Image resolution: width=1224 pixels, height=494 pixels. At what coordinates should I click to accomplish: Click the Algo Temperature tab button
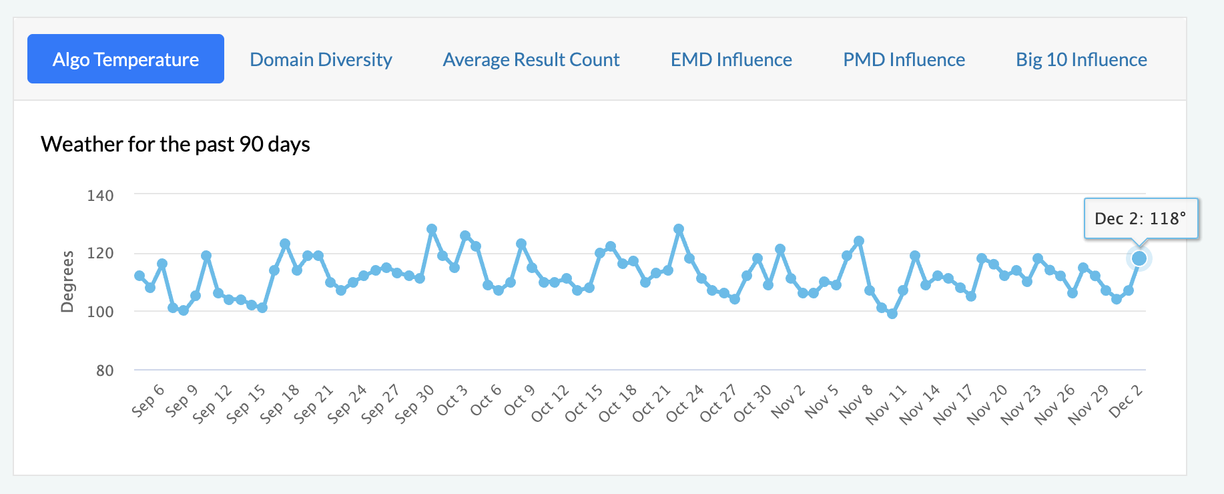click(125, 59)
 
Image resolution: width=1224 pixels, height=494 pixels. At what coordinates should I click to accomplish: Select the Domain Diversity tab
click(321, 59)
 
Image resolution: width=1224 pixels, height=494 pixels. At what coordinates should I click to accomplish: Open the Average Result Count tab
click(531, 59)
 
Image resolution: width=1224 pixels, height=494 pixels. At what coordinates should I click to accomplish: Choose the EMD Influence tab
click(731, 59)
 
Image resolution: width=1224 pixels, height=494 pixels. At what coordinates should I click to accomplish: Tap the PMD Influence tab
click(904, 59)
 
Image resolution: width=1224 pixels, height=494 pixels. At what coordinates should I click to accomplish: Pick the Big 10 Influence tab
click(1081, 59)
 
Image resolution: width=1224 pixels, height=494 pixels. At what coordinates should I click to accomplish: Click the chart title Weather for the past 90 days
click(176, 144)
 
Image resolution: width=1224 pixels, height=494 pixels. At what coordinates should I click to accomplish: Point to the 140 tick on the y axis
click(100, 196)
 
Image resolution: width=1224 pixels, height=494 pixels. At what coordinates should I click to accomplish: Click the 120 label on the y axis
click(100, 254)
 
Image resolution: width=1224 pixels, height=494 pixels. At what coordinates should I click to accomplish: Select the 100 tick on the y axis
click(100, 312)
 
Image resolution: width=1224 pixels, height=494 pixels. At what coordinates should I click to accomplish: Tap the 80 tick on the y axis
click(105, 370)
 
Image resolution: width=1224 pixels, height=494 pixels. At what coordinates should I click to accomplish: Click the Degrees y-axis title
click(67, 281)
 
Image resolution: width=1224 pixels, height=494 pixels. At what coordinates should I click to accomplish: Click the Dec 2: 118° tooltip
click(1141, 218)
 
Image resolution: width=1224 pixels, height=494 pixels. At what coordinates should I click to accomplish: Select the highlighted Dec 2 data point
click(1139, 258)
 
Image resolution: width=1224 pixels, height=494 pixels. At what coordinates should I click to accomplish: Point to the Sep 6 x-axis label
click(147, 401)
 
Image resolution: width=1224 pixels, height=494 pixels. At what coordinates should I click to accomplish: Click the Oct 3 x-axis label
click(452, 401)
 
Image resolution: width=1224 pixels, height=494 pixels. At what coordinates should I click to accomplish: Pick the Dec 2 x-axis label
click(1125, 401)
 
